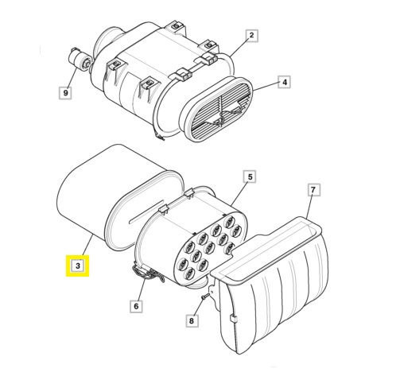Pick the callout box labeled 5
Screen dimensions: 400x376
[249, 176]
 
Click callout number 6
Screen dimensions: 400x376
[135, 305]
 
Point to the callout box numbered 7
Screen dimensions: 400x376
[313, 189]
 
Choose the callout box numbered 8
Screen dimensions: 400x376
[191, 321]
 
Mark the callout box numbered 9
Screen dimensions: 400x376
[66, 93]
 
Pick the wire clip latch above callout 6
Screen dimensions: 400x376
[143, 273]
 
